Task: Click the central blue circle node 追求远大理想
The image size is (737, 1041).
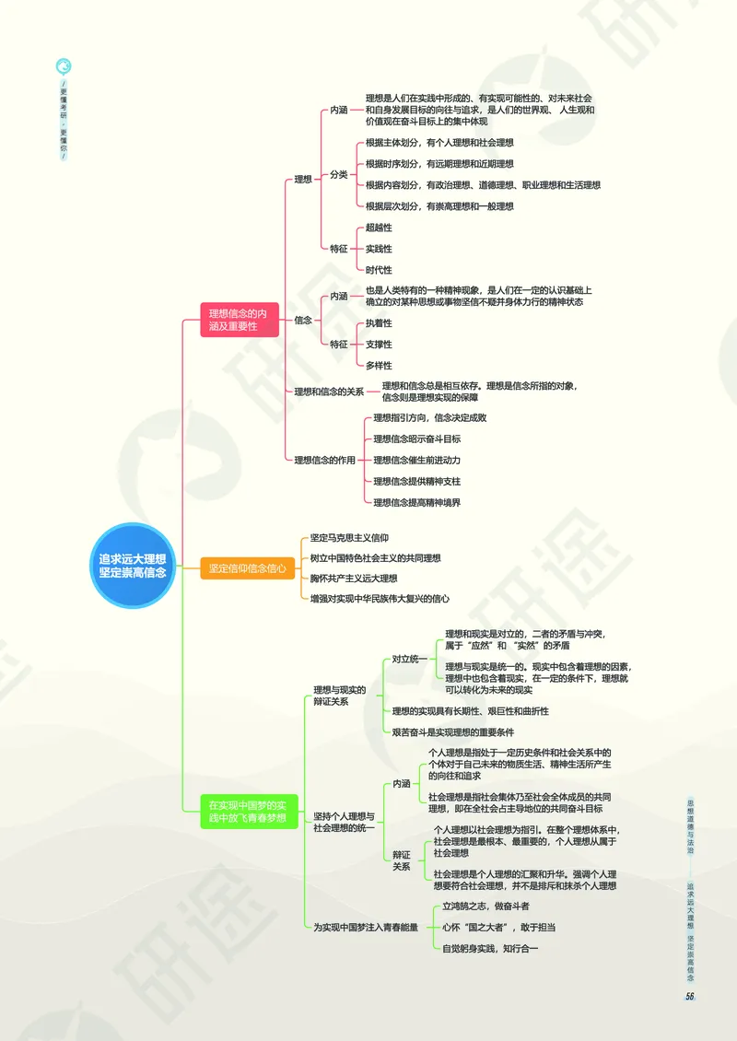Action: point(133,566)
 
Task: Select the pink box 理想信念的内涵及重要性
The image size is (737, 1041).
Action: point(240,320)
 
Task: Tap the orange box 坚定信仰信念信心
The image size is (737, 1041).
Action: point(247,568)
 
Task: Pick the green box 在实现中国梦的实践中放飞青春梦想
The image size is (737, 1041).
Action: point(247,811)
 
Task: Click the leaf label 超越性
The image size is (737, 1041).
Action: point(379,228)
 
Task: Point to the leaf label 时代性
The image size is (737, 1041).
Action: point(379,270)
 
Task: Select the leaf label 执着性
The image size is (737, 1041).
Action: point(379,323)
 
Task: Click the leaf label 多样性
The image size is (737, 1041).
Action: point(379,366)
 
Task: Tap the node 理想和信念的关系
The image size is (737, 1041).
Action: point(329,392)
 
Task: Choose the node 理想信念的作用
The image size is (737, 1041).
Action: point(324,460)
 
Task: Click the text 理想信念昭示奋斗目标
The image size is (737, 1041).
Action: point(416,439)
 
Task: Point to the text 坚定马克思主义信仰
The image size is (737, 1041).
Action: point(349,537)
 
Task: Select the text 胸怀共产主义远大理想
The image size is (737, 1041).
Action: point(354,578)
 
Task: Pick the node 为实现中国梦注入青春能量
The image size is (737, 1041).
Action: point(366,927)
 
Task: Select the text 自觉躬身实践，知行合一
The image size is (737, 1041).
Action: point(490,948)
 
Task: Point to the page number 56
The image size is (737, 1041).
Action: point(689,996)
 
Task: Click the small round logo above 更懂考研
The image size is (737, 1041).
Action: point(64,65)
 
